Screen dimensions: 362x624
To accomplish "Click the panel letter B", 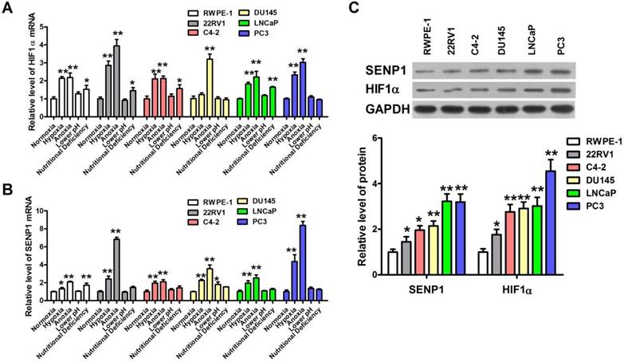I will click(7, 189).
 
